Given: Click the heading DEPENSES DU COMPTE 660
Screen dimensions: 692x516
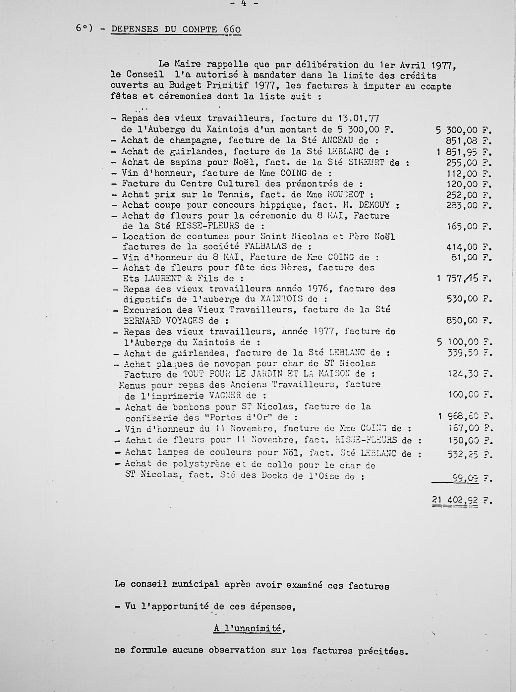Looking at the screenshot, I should coord(176,29).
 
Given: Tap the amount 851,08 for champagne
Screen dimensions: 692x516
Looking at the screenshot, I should coord(461,141).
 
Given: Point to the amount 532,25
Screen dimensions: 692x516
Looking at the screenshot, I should coord(462,454).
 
